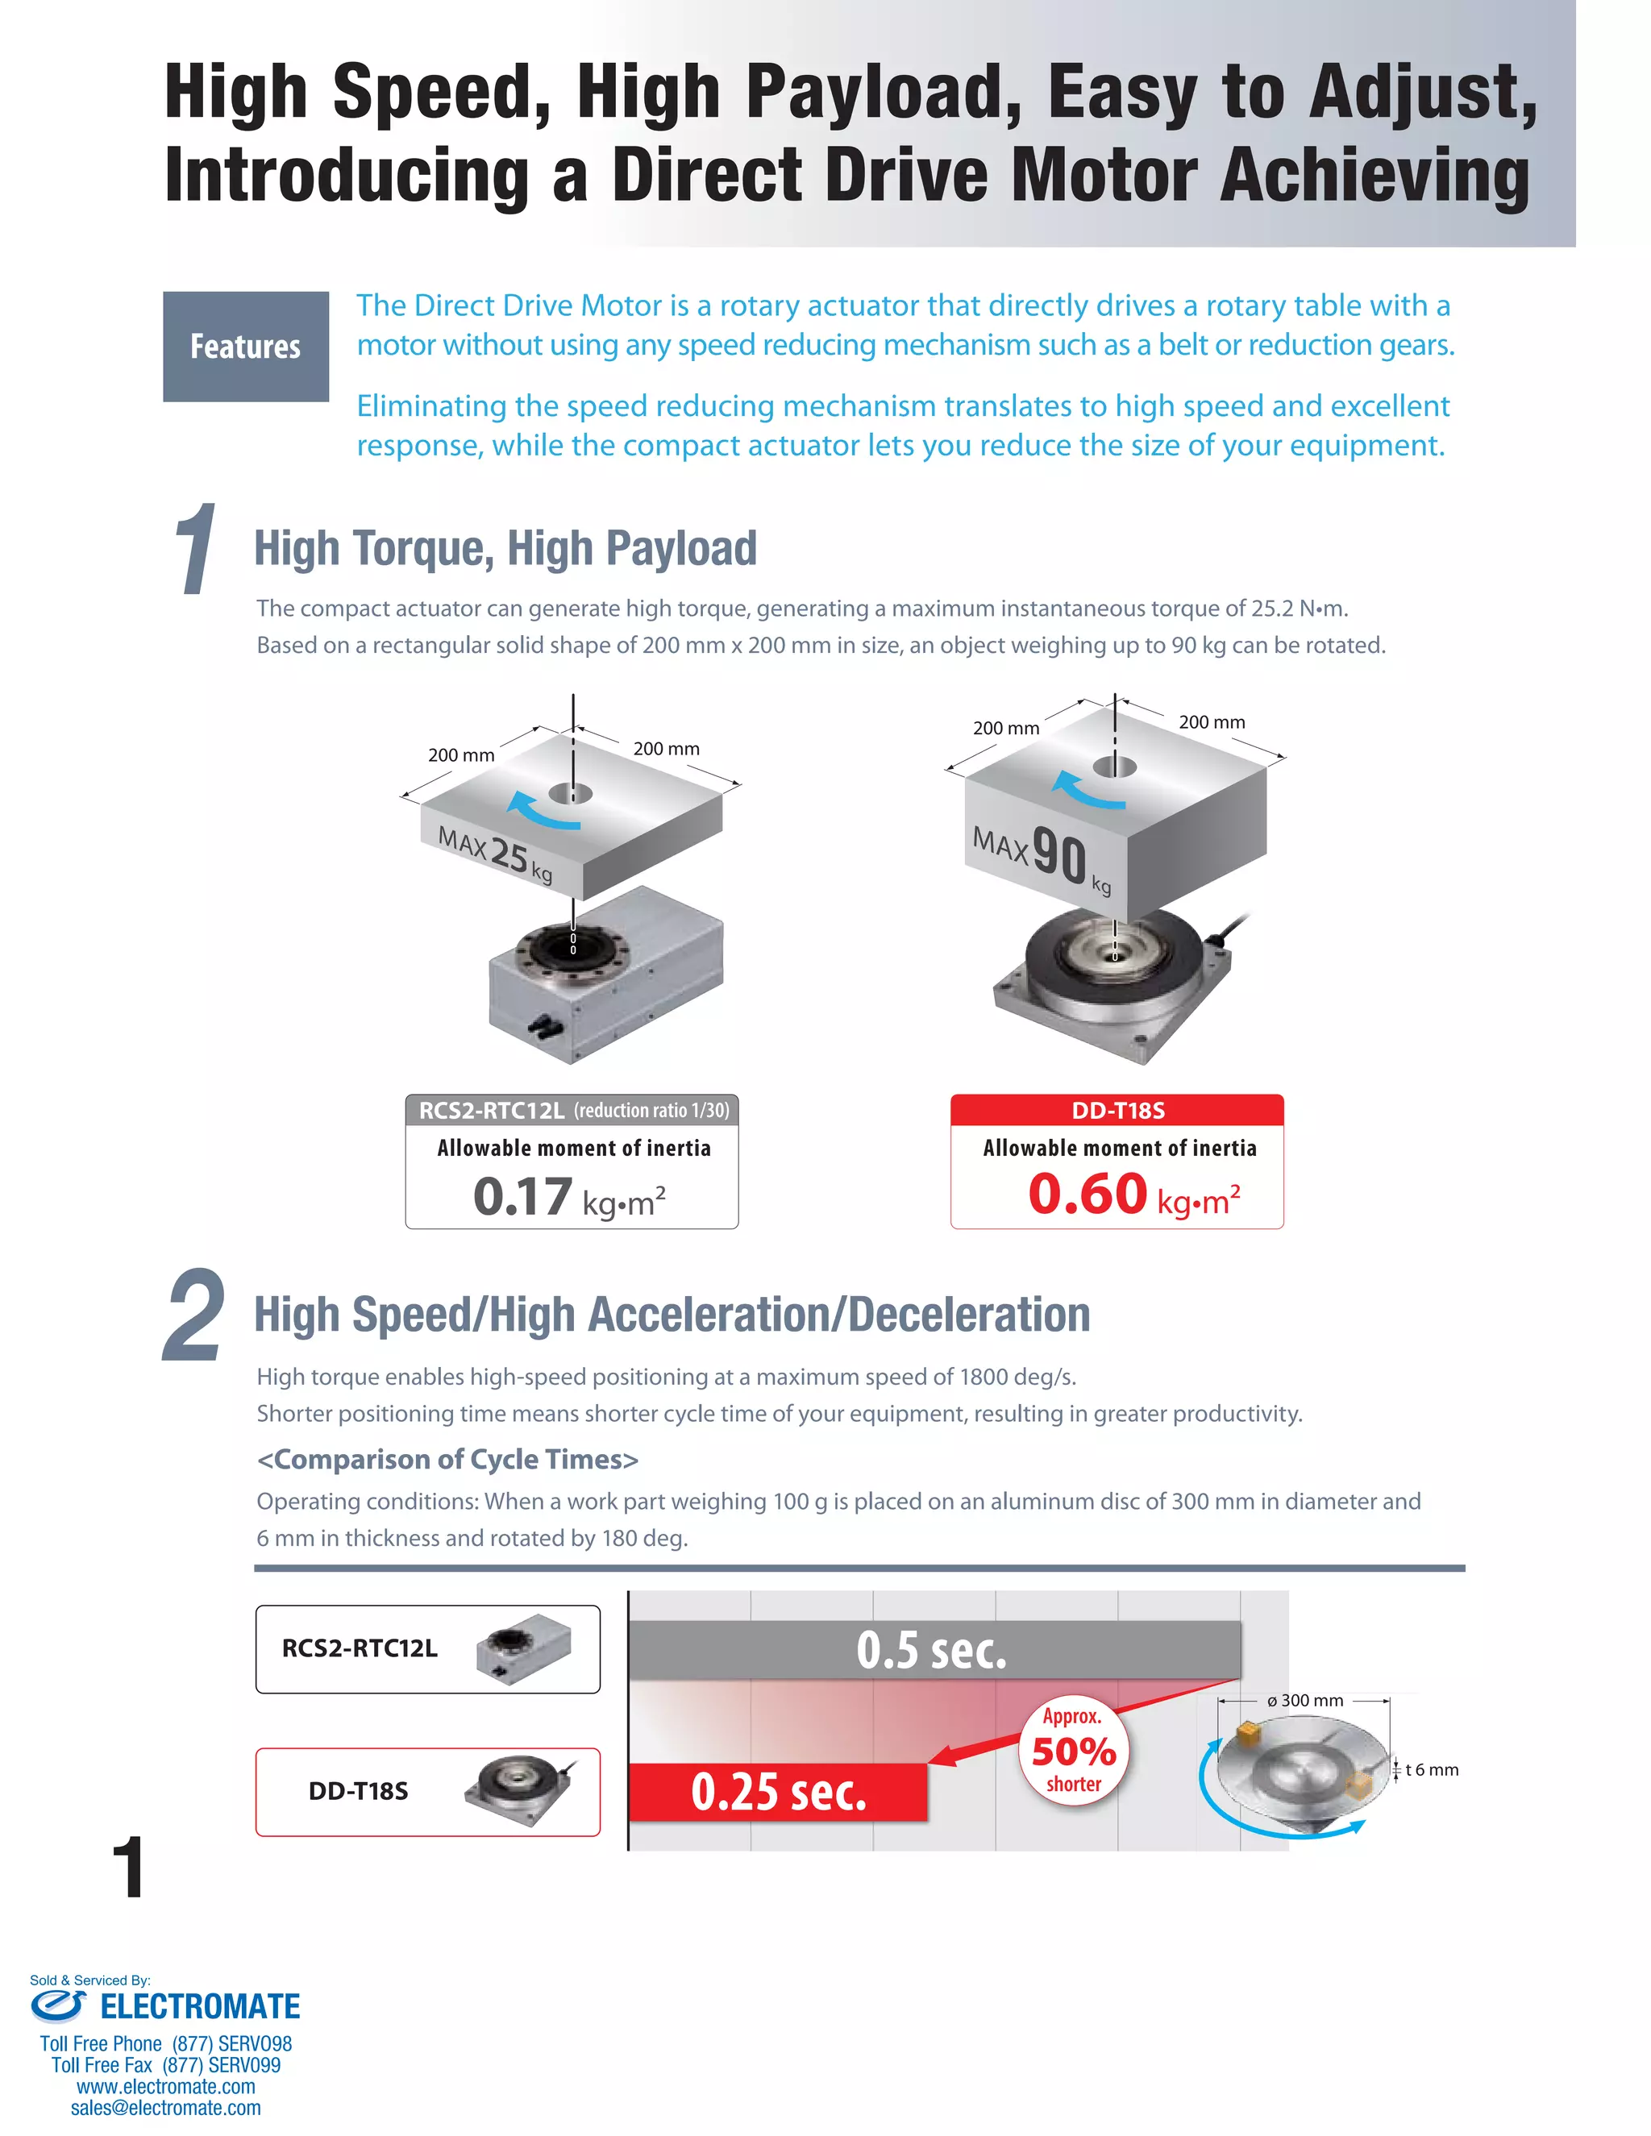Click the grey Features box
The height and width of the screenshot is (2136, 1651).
[246, 347]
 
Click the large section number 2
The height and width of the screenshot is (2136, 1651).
[193, 1316]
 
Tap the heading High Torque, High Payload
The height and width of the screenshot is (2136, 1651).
[505, 547]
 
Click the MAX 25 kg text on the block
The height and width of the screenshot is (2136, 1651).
[494, 853]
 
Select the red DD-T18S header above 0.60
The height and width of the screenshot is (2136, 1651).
[1117, 1110]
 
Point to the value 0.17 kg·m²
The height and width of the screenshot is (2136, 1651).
[569, 1197]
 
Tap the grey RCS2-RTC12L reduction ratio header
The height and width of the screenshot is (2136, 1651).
[572, 1110]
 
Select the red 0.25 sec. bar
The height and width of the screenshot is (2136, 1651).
[778, 1792]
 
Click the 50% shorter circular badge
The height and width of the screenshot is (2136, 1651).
[1073, 1750]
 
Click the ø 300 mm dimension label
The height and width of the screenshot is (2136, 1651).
[1305, 1701]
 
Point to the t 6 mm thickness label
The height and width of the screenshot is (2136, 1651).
[1431, 1770]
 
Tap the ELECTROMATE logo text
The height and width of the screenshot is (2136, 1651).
[200, 2007]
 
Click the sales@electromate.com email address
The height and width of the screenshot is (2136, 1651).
[165, 2108]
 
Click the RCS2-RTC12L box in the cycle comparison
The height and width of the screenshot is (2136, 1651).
[427, 1649]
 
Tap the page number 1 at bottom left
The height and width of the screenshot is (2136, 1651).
[128, 1868]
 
